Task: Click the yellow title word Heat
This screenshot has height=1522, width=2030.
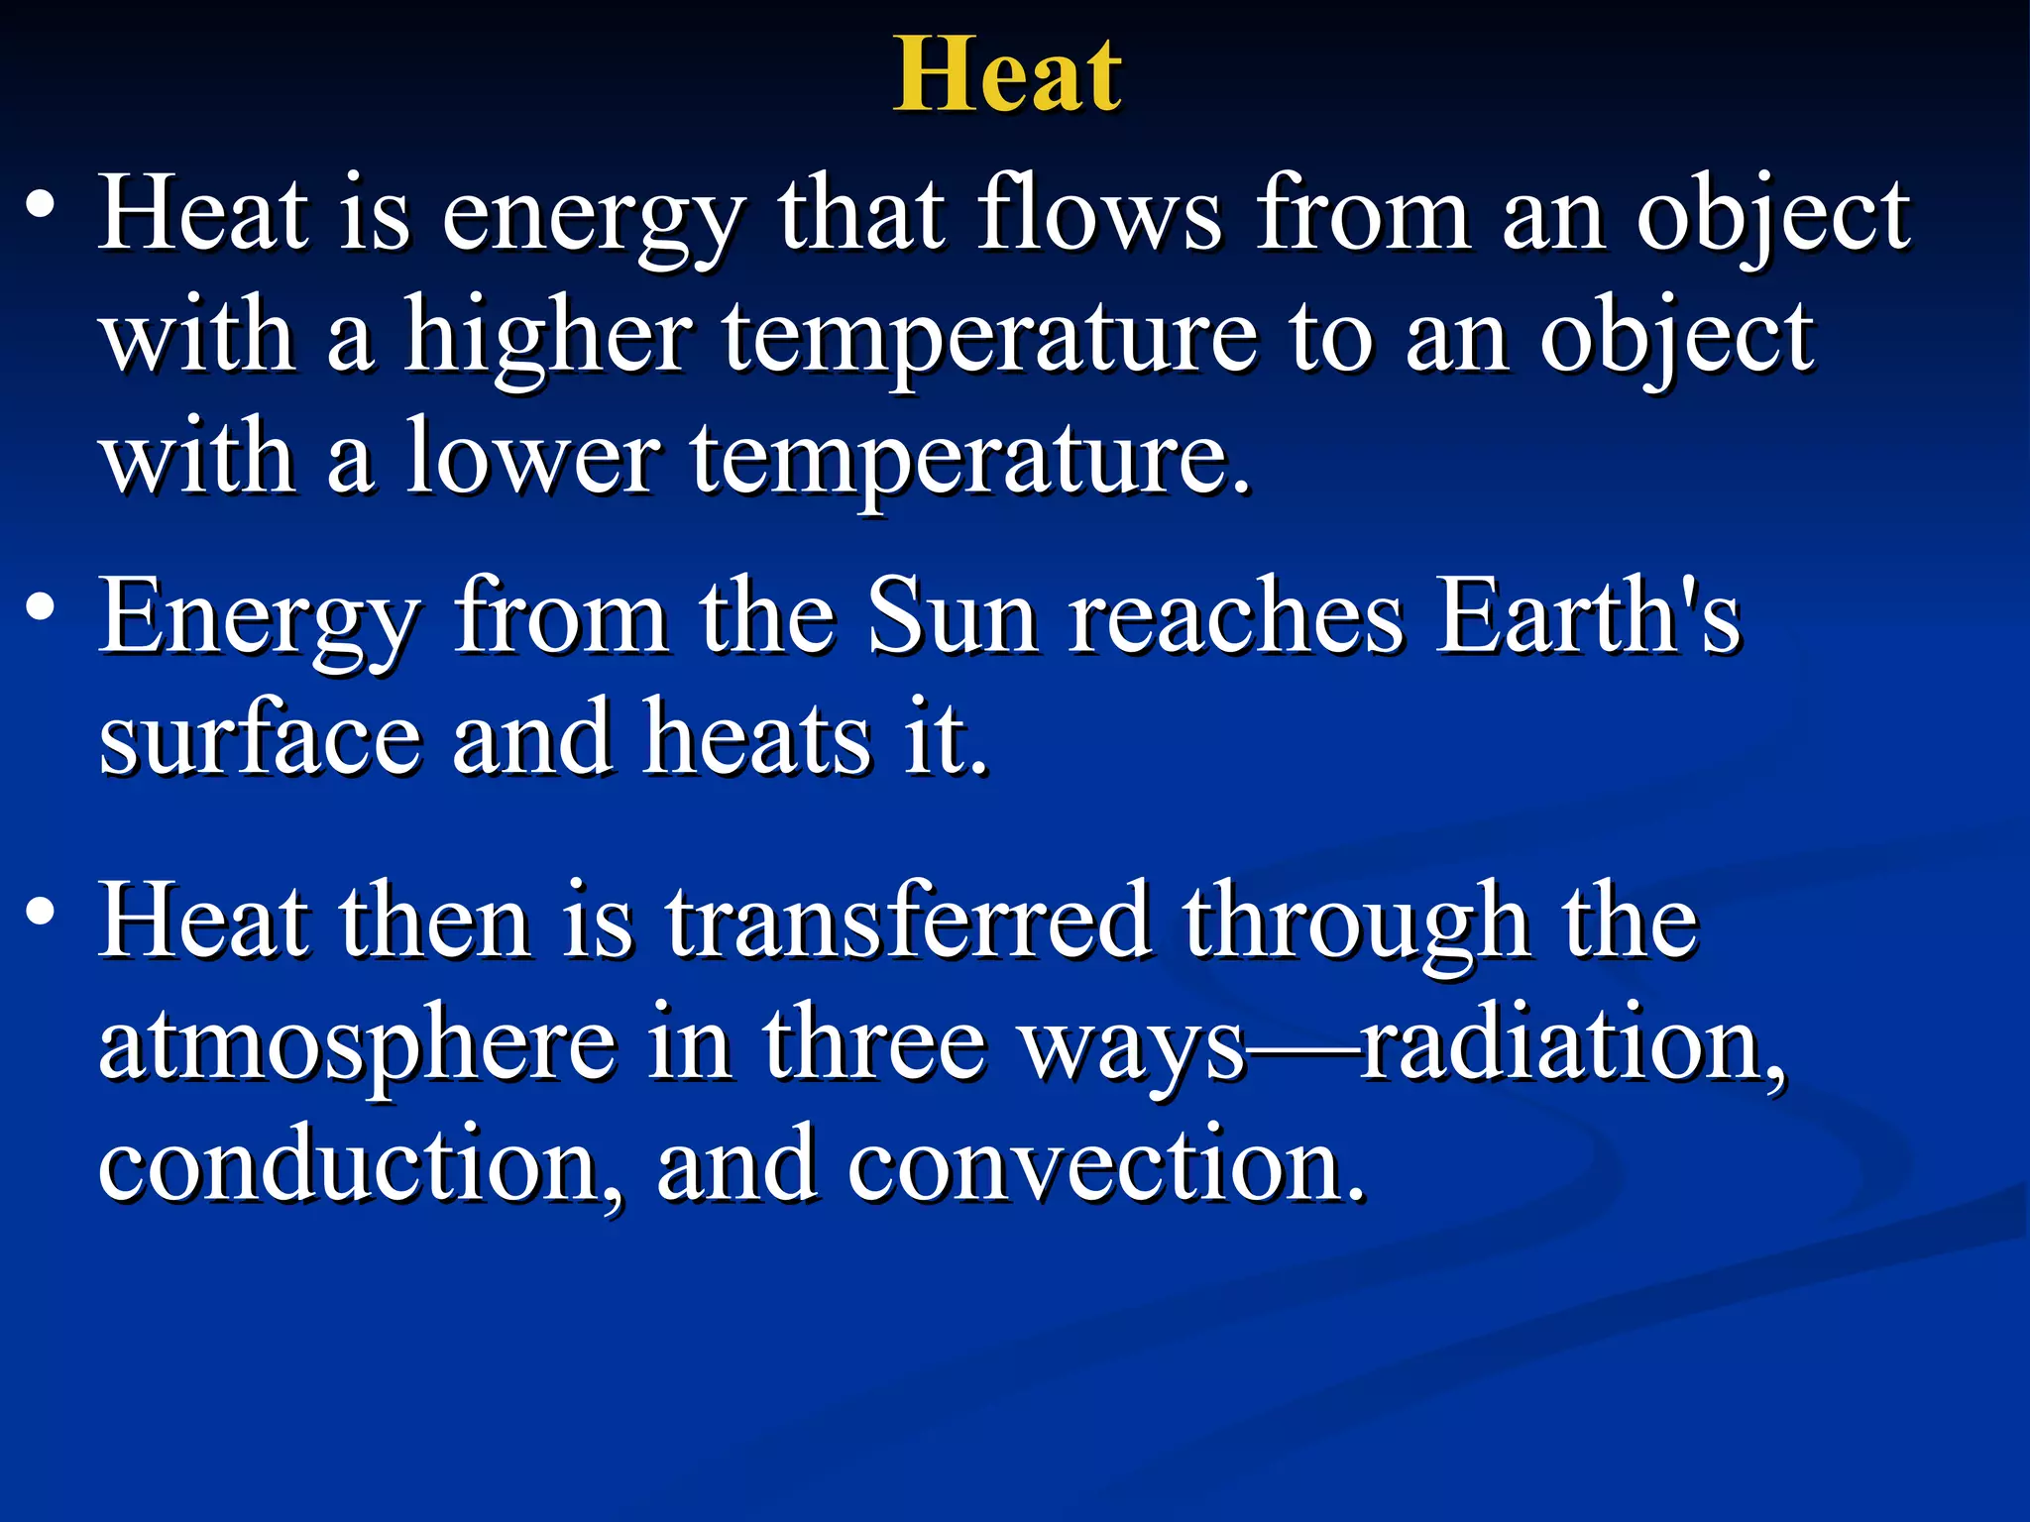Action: (x=1007, y=75)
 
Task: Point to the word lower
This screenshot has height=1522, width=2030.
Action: (x=532, y=458)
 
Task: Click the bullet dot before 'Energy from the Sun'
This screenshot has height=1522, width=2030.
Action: (x=41, y=607)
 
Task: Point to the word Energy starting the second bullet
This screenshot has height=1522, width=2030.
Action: (x=260, y=620)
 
